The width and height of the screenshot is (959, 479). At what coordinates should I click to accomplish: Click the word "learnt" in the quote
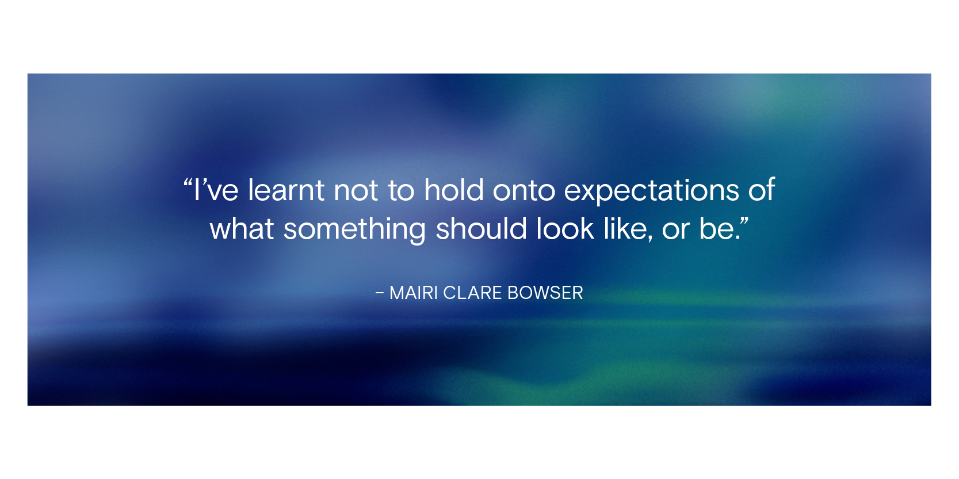pyautogui.click(x=286, y=190)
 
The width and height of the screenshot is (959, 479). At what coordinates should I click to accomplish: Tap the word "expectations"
pyautogui.click(x=651, y=192)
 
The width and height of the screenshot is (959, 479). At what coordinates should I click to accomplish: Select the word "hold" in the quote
pyautogui.click(x=454, y=190)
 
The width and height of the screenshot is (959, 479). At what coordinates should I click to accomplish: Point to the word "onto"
pyautogui.click(x=524, y=191)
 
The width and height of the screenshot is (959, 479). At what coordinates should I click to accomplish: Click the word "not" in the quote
pyautogui.click(x=356, y=191)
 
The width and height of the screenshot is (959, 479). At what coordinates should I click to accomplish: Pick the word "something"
pyautogui.click(x=354, y=230)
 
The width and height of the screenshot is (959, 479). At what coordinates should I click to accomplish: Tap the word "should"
pyautogui.click(x=481, y=229)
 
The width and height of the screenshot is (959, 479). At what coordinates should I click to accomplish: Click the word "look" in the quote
pyautogui.click(x=565, y=229)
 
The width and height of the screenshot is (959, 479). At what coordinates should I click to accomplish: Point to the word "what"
pyautogui.click(x=242, y=229)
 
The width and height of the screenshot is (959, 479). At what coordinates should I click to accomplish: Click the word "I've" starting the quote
pyautogui.click(x=216, y=190)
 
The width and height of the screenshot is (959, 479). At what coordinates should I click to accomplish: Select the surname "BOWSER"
pyautogui.click(x=545, y=293)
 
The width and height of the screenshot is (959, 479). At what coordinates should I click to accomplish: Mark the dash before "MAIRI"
pyautogui.click(x=379, y=293)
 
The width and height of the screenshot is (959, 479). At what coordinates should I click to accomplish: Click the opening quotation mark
pyautogui.click(x=188, y=183)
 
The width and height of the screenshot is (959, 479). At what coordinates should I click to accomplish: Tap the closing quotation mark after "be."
pyautogui.click(x=744, y=221)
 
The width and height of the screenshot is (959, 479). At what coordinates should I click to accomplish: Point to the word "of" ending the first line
pyautogui.click(x=762, y=190)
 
